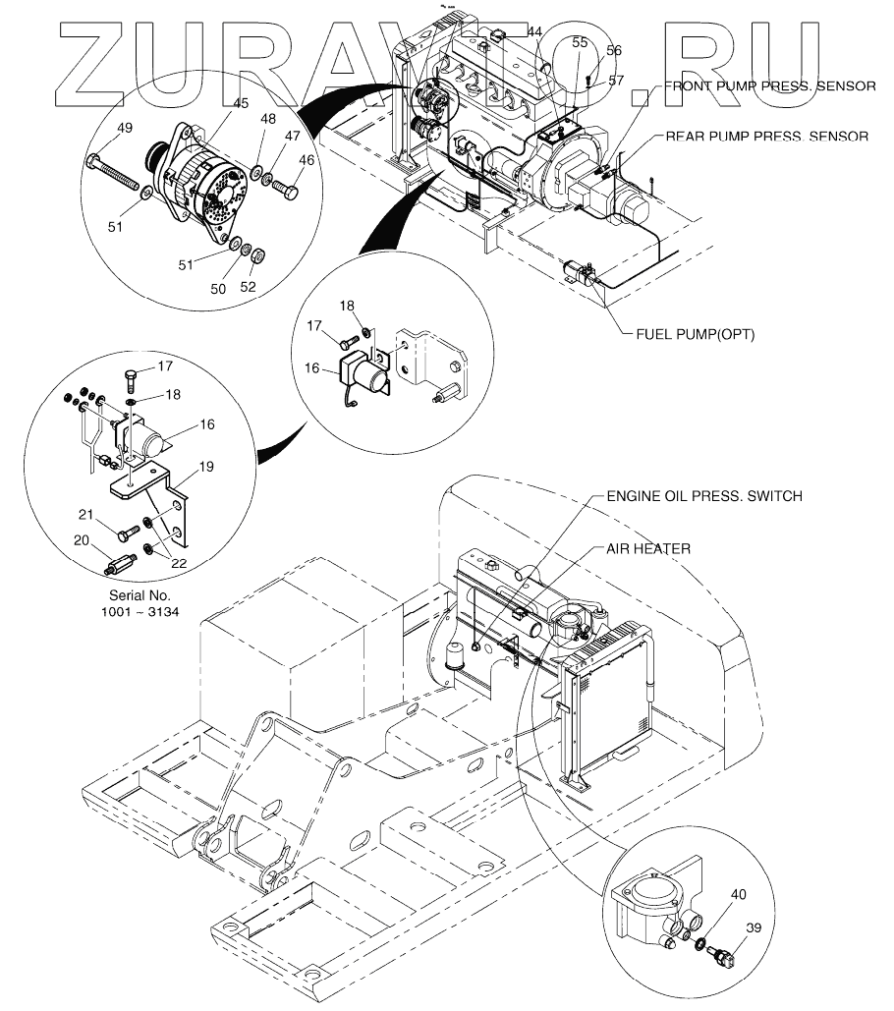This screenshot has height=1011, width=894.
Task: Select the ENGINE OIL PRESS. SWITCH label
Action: (x=703, y=497)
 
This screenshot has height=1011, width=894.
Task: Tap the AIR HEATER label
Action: (x=649, y=548)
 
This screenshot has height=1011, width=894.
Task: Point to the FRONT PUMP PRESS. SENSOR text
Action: (x=769, y=86)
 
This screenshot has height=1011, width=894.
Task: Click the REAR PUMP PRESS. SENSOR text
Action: (x=767, y=137)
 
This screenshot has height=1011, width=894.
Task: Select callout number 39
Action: (x=754, y=927)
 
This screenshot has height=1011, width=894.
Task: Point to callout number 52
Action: (x=248, y=287)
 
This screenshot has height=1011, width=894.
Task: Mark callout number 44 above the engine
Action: (x=533, y=31)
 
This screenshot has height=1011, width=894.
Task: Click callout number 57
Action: (x=615, y=81)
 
